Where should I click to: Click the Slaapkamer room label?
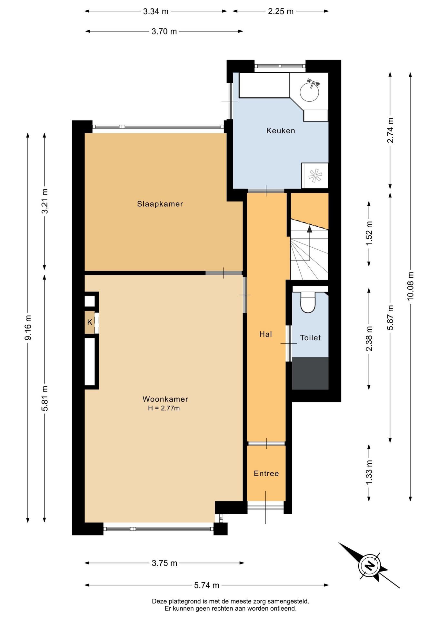pyautogui.click(x=160, y=204)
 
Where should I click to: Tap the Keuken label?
pyautogui.click(x=281, y=130)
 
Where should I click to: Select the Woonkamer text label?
pyautogui.click(x=165, y=399)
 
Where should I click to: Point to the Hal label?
pyautogui.click(x=266, y=334)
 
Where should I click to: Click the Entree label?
pyautogui.click(x=266, y=473)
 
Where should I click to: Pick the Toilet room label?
pyautogui.click(x=310, y=338)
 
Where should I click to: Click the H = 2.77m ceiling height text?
pyautogui.click(x=164, y=408)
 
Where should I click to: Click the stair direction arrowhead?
pyautogui.click(x=310, y=229)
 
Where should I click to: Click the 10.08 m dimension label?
pyautogui.click(x=410, y=286)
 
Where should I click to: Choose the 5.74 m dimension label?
pyautogui.click(x=207, y=585)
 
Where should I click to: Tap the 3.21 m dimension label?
pyautogui.click(x=45, y=201)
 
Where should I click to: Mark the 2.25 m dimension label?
pyautogui.click(x=281, y=11)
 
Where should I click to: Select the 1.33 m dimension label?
pyautogui.click(x=369, y=472)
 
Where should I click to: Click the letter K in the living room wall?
pyautogui.click(x=90, y=322)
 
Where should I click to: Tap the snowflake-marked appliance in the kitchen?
pyautogui.click(x=315, y=176)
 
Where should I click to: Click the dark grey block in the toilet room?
pyautogui.click(x=310, y=373)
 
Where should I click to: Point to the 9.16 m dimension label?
pyautogui.click(x=28, y=327)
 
